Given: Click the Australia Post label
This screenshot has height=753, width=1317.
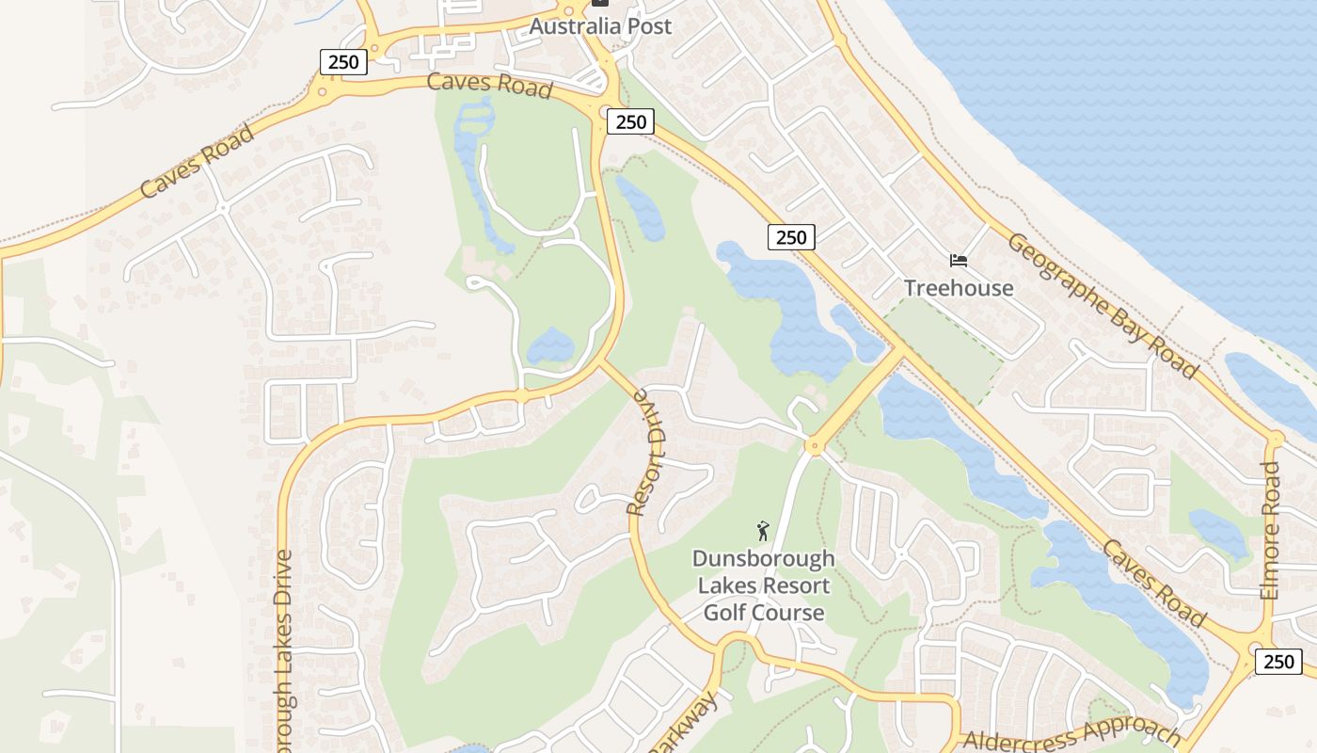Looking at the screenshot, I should [600, 25].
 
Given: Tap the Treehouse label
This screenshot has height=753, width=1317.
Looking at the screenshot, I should [959, 288].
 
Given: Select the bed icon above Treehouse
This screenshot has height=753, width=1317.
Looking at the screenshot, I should [959, 260].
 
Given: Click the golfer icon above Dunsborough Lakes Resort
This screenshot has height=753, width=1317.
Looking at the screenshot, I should [763, 531].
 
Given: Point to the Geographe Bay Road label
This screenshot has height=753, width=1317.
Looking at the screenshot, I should [1103, 306].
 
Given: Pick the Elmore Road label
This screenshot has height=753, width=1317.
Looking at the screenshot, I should [1270, 530].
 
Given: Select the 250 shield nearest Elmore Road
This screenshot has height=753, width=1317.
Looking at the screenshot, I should [1278, 662].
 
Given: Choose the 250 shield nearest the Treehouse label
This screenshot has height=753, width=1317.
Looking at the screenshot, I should [791, 237].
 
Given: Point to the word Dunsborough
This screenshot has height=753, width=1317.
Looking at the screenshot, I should [763, 558].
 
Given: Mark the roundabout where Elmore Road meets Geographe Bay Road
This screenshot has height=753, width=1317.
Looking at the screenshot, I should [1275, 439].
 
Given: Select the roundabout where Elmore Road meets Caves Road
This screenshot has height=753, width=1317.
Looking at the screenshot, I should [1256, 649].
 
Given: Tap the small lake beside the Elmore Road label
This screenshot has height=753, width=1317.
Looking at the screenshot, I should [1218, 532].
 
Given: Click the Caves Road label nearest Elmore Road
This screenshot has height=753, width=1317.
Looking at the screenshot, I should [1153, 583].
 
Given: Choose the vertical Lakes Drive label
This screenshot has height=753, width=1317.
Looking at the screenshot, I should [285, 649].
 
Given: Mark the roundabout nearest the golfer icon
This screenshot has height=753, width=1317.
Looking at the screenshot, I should [814, 446].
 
